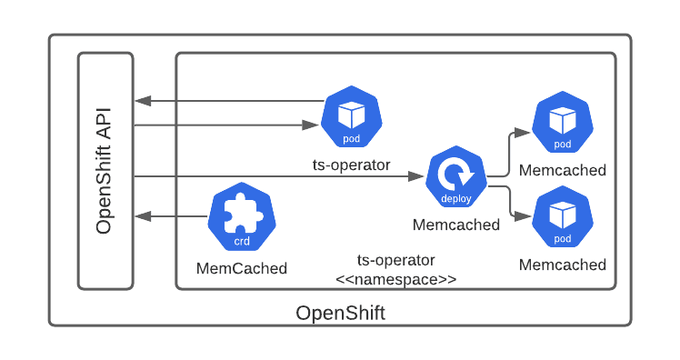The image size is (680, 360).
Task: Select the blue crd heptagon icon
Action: pos(242,219)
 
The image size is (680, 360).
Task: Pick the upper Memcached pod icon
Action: pos(563,124)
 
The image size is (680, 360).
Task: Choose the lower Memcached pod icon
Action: pos(563,218)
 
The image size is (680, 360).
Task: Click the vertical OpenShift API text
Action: pos(105,171)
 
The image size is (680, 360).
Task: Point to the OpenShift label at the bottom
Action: pos(340,314)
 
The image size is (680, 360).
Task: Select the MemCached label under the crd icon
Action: pos(242,268)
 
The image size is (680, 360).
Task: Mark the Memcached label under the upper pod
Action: pos(563,170)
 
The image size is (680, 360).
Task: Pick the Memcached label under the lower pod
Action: pos(563,265)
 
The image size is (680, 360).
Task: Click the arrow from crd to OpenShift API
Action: pos(172,216)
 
